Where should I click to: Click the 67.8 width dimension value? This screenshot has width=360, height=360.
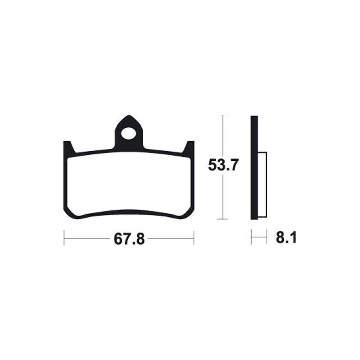point(129,238)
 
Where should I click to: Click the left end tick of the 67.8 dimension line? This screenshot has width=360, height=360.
point(64,238)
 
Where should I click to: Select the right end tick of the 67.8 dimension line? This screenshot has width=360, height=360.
point(193,238)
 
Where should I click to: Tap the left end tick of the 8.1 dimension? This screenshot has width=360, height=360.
point(252,238)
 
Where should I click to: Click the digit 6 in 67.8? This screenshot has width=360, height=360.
point(118,238)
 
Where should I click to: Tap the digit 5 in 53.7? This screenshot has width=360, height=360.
point(213,166)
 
